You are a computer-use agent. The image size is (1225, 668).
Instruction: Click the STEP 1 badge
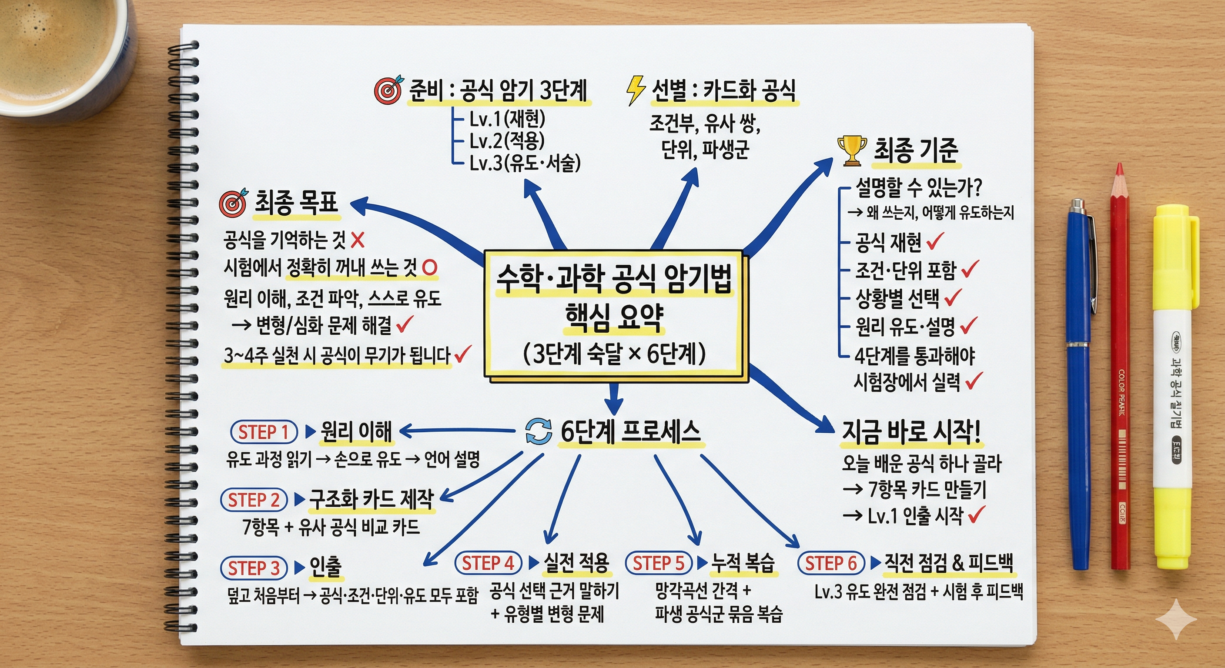point(264,432)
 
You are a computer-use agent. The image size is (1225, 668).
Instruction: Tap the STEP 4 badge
point(488,563)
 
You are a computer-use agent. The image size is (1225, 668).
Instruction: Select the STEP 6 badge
point(831,563)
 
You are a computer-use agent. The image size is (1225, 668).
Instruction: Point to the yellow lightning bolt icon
point(636,90)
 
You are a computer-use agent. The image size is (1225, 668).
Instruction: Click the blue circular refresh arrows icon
point(538,431)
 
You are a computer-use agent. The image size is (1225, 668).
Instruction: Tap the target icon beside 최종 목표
point(234,203)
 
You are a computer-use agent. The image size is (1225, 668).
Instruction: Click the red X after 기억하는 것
point(358,240)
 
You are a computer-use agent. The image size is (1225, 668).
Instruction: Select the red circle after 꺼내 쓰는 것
point(429,267)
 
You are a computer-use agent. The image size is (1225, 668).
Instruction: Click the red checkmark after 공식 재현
point(935,241)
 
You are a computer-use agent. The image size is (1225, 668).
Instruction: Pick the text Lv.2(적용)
point(507,140)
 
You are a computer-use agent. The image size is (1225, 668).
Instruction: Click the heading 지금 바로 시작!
point(910,432)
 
